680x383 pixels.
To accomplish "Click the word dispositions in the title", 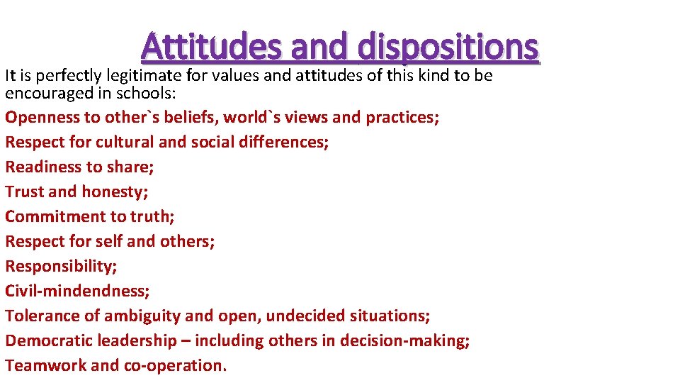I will click(x=448, y=48).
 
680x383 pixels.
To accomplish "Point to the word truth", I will click(x=152, y=216).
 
